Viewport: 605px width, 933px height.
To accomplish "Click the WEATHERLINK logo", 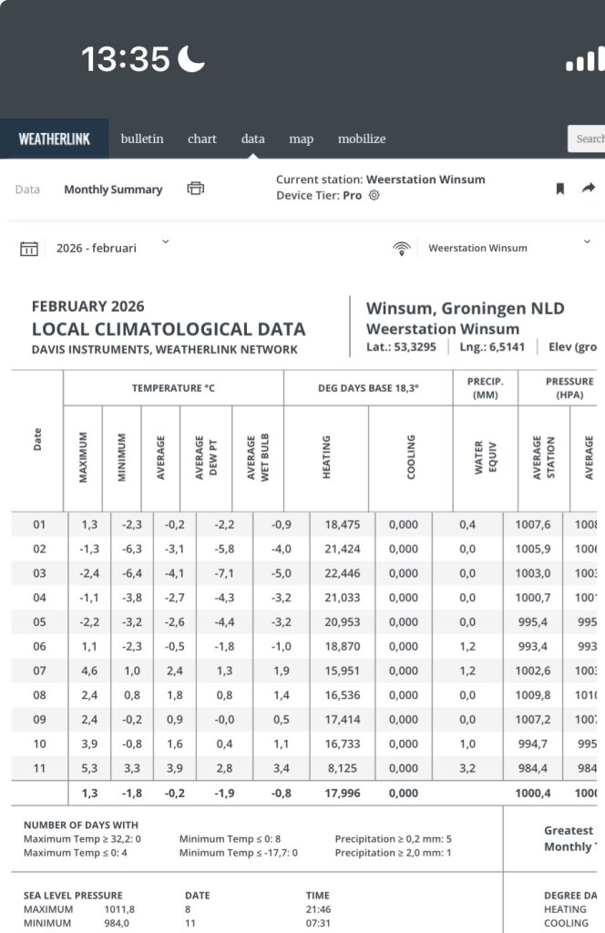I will [55, 139].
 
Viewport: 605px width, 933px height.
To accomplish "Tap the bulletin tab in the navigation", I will [142, 138].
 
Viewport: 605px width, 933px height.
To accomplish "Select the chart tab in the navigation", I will [202, 138].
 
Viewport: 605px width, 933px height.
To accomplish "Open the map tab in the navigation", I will [301, 138].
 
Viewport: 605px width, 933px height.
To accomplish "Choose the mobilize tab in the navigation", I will [362, 138].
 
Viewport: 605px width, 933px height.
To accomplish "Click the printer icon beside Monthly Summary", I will [196, 189].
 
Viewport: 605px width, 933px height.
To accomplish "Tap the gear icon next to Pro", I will [374, 196].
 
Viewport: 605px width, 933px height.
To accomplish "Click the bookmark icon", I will [560, 189].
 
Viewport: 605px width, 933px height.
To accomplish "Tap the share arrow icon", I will [589, 188].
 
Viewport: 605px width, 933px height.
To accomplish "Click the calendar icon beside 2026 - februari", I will [29, 249].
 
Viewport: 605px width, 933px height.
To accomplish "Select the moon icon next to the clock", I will [191, 60].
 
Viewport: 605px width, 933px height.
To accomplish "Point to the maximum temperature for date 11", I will [89, 768].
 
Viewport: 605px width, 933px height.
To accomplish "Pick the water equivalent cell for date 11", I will [467, 768].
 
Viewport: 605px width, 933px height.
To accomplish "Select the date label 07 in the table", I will [39, 671].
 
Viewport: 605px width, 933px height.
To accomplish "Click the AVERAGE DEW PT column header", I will [206, 457].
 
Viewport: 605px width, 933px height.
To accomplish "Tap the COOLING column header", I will [411, 457].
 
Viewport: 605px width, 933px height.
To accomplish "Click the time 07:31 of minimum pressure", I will [318, 923].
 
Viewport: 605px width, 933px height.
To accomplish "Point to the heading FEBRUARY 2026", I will [88, 306].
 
